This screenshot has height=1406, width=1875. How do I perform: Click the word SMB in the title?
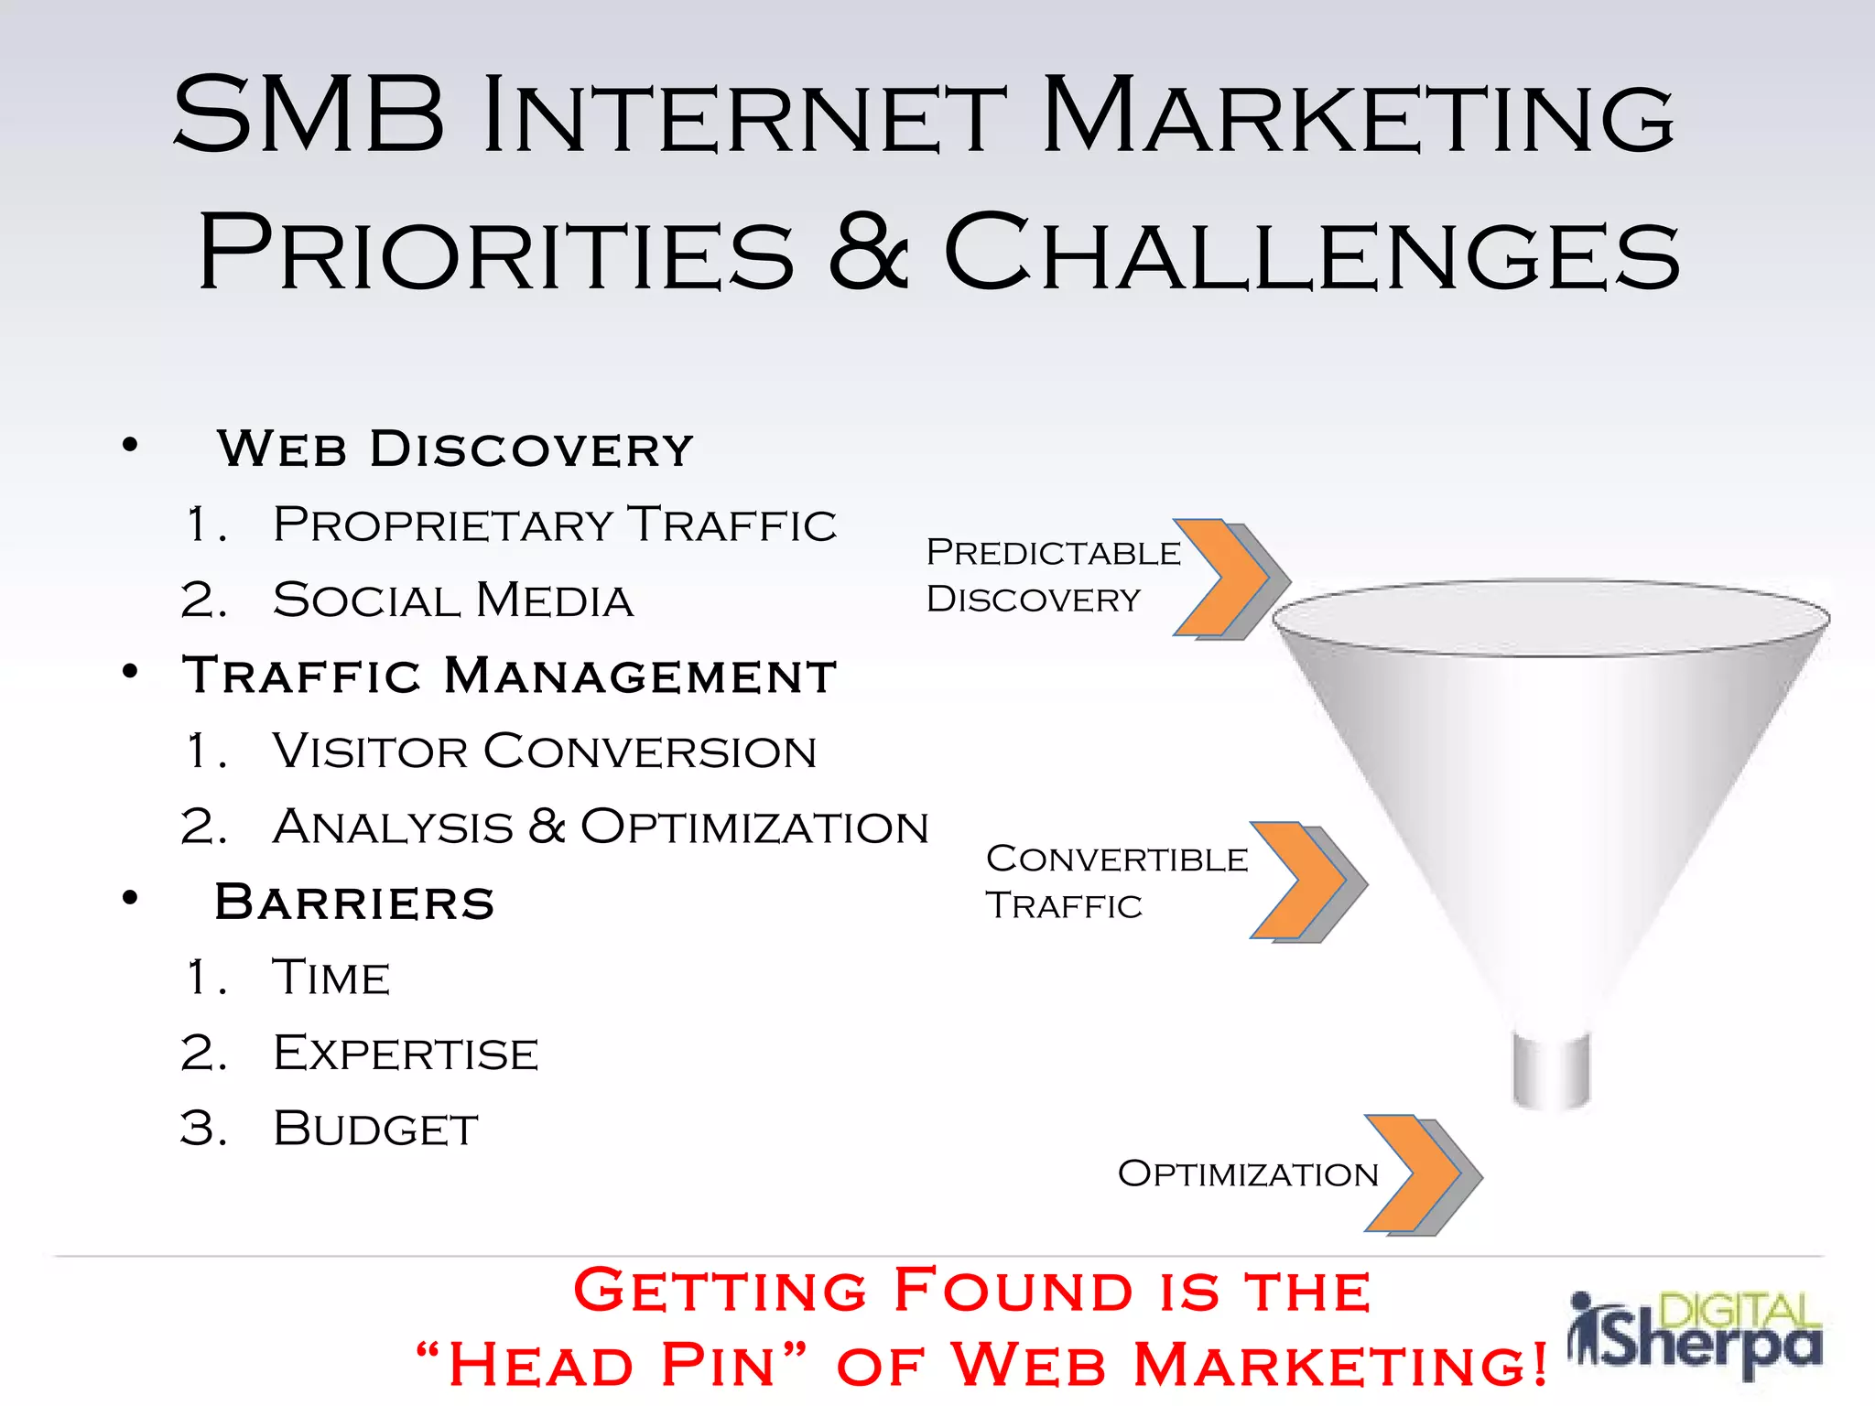tap(309, 116)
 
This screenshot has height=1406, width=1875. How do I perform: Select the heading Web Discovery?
tap(455, 449)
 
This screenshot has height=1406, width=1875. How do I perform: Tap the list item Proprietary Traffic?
tap(554, 525)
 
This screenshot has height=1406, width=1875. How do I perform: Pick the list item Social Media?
tap(452, 601)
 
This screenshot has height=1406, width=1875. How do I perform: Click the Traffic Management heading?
tap(509, 676)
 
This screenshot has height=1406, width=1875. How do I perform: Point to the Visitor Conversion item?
tap(544, 752)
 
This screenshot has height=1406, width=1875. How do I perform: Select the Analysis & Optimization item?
tap(600, 827)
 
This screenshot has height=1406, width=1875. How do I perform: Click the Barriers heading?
tap(354, 903)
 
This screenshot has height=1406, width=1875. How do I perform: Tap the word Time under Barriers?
tap(331, 978)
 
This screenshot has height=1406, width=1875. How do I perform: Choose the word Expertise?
tap(406, 1054)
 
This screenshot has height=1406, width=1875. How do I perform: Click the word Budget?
tap(375, 1129)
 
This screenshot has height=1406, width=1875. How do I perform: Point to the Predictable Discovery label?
tap(1053, 576)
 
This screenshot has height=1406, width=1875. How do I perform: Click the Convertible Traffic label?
tap(1116, 881)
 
